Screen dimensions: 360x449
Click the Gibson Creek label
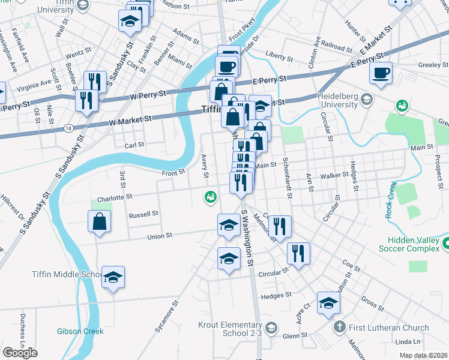coord(80,331)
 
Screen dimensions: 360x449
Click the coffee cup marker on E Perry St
coord(381,73)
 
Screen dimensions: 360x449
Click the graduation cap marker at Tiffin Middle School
coord(113,277)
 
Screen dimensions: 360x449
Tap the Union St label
coord(160,236)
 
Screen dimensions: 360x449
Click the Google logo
coord(20,353)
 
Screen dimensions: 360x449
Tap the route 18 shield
coord(69,128)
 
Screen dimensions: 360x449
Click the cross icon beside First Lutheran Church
coord(339,327)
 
